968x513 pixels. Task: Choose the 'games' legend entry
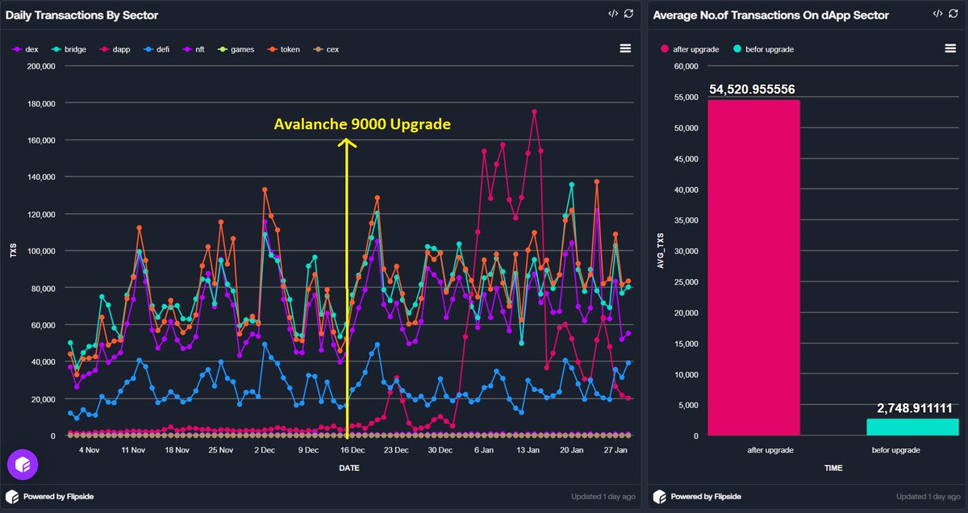pos(242,49)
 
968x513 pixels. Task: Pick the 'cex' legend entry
pos(332,49)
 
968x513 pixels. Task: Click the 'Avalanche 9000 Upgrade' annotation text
pos(362,125)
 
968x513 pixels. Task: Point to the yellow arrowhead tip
pos(347,140)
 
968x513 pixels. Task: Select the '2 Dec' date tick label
pos(265,449)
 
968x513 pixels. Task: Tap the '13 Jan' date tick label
pos(528,449)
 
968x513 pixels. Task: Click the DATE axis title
pos(349,468)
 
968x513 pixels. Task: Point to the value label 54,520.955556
pos(753,90)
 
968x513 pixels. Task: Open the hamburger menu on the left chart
pos(624,48)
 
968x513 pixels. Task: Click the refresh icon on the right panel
pos(952,14)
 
